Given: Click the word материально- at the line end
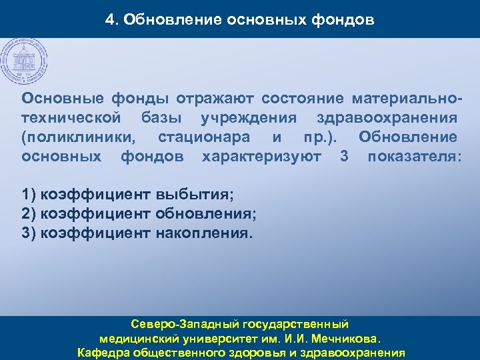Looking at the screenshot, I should coord(407,99).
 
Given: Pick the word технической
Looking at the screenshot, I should coord(71,118).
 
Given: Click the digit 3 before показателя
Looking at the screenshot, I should coord(344,157).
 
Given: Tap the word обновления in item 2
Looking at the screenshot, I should coord(205,215).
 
